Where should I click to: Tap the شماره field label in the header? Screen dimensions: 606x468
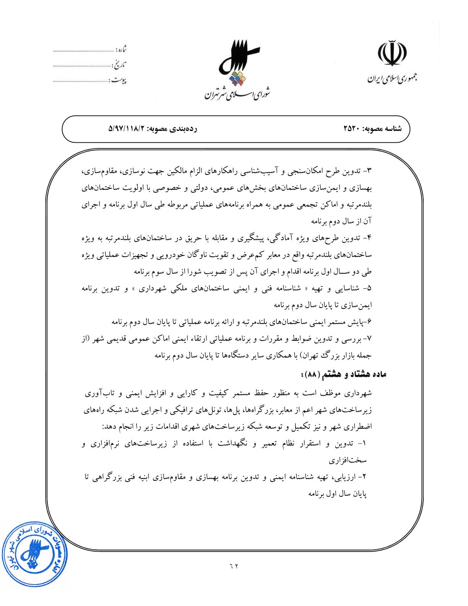click(x=121, y=50)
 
